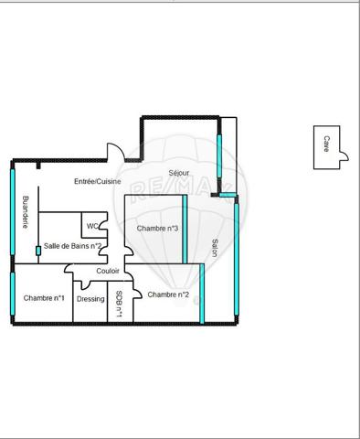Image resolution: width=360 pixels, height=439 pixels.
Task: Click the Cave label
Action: click(x=326, y=144)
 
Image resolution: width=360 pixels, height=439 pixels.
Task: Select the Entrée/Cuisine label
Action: click(x=98, y=182)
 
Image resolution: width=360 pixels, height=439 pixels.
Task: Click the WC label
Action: click(x=92, y=226)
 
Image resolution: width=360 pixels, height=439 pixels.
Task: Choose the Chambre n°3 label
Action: click(x=156, y=228)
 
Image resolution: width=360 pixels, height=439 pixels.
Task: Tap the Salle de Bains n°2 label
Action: click(x=72, y=246)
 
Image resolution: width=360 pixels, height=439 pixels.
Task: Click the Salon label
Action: click(x=214, y=249)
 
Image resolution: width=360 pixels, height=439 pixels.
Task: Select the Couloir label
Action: click(x=108, y=272)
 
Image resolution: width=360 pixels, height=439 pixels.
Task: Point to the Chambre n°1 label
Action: click(x=44, y=298)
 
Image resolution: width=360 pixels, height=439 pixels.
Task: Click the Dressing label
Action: click(x=90, y=299)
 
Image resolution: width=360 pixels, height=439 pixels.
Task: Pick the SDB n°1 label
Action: click(x=120, y=303)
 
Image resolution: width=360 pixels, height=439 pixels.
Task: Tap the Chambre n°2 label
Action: click(x=168, y=294)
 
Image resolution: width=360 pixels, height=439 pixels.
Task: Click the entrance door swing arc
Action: click(x=115, y=149)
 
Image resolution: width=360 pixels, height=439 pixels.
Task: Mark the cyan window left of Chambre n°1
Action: click(x=12, y=295)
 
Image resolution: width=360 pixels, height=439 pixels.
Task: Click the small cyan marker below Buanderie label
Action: click(x=37, y=250)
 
